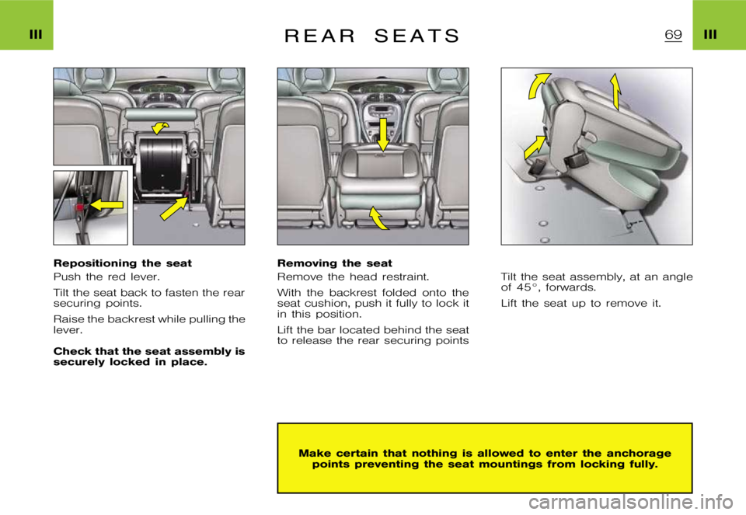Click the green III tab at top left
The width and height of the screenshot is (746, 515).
[26, 26]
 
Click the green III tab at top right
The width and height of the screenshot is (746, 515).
[719, 26]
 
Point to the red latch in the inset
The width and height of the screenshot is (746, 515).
[81, 208]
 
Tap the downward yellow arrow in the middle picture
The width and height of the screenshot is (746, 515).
[382, 134]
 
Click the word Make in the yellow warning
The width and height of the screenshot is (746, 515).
[314, 453]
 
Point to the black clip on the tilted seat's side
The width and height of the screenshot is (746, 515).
[576, 159]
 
